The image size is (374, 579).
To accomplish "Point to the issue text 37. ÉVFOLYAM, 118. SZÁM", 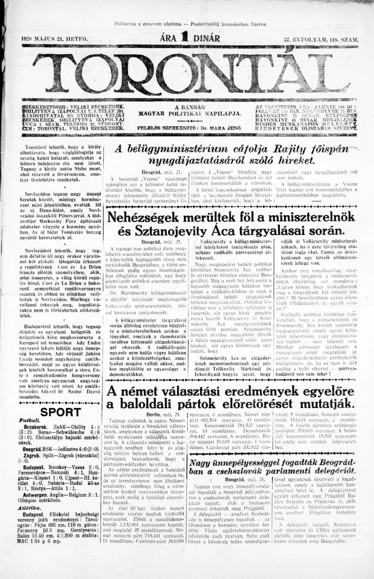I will click(320, 40).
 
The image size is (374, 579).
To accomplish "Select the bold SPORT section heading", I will click(60, 412).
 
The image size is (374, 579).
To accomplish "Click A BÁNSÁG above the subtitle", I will click(189, 107).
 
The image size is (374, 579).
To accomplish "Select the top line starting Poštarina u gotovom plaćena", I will click(190, 24).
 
